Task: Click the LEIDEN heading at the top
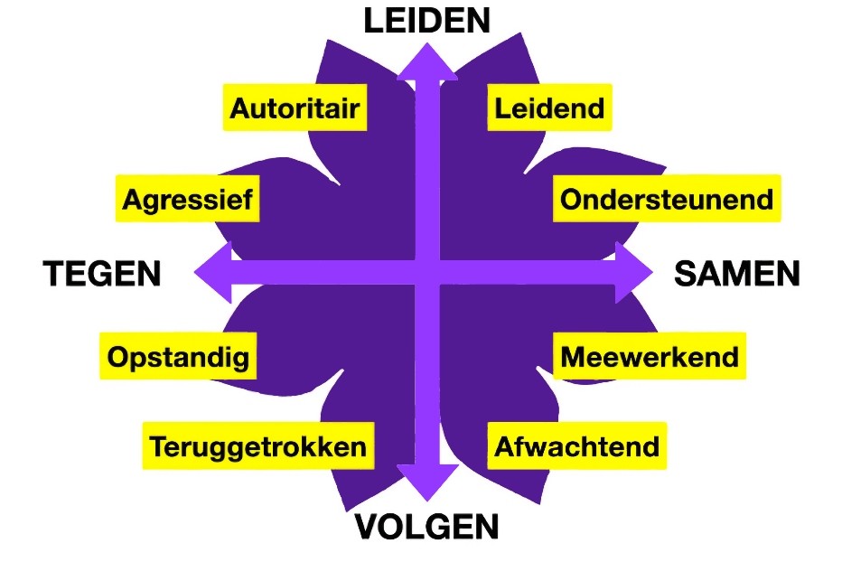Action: (427, 21)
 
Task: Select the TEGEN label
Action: (102, 273)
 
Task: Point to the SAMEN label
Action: (737, 273)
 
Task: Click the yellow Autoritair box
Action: (295, 108)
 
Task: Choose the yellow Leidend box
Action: (549, 108)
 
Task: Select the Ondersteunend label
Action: (667, 198)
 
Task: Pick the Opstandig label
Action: (177, 356)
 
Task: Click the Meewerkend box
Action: (649, 356)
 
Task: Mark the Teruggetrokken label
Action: (258, 446)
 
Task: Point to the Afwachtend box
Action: (576, 446)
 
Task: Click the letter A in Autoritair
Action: (240, 109)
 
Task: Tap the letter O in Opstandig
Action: (118, 357)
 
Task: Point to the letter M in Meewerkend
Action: (574, 357)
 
